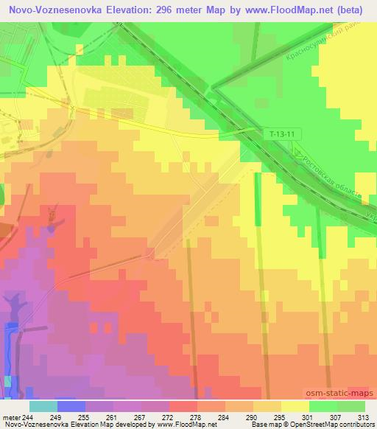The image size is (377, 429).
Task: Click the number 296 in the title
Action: pos(170,10)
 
